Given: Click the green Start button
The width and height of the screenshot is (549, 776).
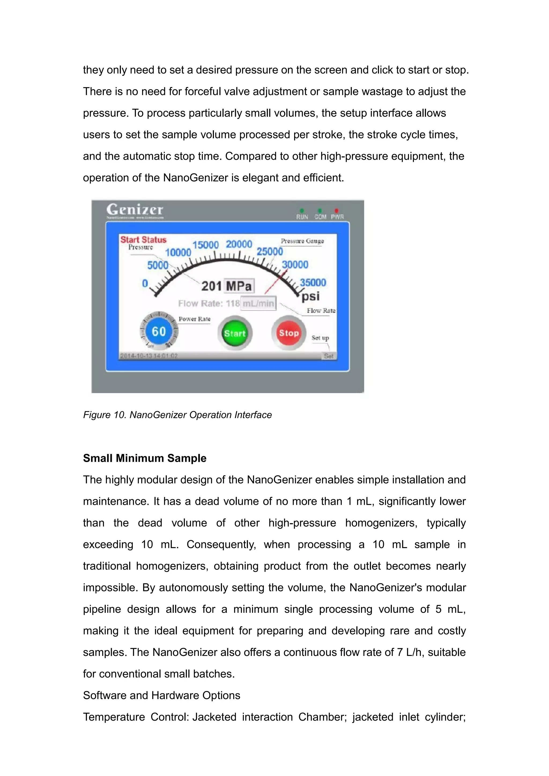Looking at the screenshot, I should click(235, 333).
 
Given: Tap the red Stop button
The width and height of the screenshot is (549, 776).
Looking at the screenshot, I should click(289, 333).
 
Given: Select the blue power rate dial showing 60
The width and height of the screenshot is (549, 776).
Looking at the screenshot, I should click(158, 331).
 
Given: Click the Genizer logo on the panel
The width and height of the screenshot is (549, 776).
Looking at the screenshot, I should click(135, 210).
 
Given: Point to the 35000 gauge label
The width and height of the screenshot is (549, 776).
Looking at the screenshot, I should click(313, 282).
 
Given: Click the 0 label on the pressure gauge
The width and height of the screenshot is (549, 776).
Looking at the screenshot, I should click(145, 283).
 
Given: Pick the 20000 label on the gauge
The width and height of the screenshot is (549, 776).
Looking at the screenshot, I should click(239, 244).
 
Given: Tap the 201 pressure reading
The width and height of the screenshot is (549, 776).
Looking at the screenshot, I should click(212, 286).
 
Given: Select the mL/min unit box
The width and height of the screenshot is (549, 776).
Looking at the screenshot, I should click(258, 303).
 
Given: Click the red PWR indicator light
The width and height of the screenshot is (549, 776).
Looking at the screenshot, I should click(336, 211).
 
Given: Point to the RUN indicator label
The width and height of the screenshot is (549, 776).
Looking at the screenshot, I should click(302, 217).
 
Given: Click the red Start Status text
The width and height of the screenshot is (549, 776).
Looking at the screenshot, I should click(143, 240).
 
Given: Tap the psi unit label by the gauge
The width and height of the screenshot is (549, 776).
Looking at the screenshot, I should click(311, 296).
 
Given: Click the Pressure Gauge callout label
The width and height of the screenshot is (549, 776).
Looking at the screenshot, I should click(302, 241).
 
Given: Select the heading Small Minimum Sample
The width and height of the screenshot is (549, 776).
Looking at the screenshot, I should click(145, 458).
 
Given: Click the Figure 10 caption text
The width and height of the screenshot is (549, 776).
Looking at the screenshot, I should click(177, 415).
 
